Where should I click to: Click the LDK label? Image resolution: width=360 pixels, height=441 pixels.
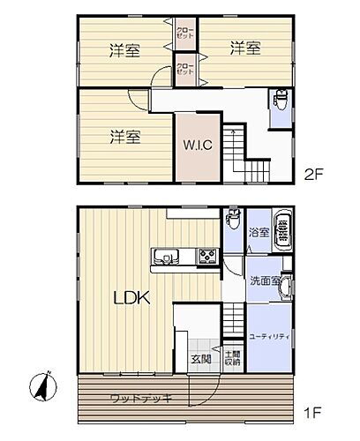[132, 298]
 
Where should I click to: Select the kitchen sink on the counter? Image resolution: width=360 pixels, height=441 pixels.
[164, 258]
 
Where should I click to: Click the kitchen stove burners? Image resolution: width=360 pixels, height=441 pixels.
[206, 258]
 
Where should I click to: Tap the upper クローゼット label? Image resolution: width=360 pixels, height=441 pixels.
[185, 35]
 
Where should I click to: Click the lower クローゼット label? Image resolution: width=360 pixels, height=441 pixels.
[185, 68]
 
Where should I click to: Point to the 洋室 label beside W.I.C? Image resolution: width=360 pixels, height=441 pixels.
[125, 137]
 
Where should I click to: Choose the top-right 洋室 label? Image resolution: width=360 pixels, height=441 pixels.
[245, 49]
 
